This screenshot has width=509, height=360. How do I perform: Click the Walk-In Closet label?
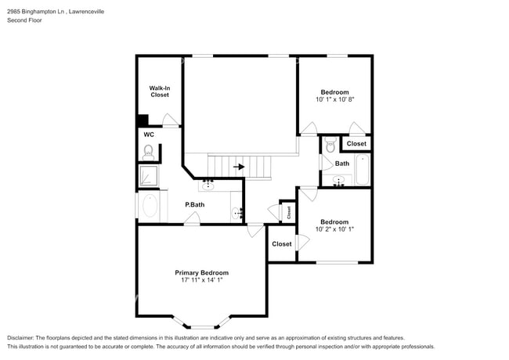(x=160, y=92)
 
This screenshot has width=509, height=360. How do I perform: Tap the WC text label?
(x=149, y=135)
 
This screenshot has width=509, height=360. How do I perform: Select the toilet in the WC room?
(x=148, y=149)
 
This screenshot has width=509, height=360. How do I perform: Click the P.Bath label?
(x=194, y=205)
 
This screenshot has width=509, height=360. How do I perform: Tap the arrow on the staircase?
(x=239, y=167)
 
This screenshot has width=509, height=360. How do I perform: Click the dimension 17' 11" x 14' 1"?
(x=201, y=280)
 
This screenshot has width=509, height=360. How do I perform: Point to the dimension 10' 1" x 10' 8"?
(x=334, y=100)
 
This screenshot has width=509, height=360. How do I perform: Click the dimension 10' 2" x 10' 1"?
(x=334, y=229)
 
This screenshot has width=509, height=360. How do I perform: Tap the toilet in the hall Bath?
(x=330, y=146)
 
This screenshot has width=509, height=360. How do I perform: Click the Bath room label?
(x=342, y=164)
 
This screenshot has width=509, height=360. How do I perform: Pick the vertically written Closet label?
(x=288, y=211)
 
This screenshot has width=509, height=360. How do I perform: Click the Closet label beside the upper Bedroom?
(x=356, y=144)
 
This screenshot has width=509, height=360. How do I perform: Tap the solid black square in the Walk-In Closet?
(x=143, y=121)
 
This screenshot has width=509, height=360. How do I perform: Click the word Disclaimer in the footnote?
(x=21, y=337)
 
